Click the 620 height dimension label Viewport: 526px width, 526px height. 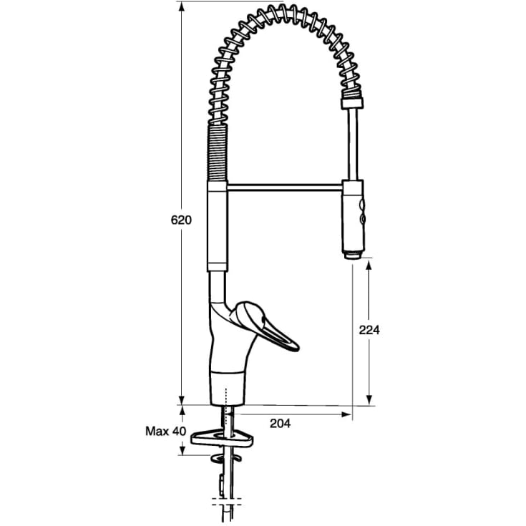pos(181,220)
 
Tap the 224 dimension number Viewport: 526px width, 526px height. pos(369,330)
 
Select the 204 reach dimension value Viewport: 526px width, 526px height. pos(280,424)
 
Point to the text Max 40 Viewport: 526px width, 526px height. pos(165,431)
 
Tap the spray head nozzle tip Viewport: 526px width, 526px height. pos(352,255)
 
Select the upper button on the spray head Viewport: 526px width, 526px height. pos(362,204)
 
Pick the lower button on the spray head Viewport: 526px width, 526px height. pos(362,220)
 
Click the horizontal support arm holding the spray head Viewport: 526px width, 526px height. pos(285,187)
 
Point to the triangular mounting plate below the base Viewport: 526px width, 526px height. pos(222,439)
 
